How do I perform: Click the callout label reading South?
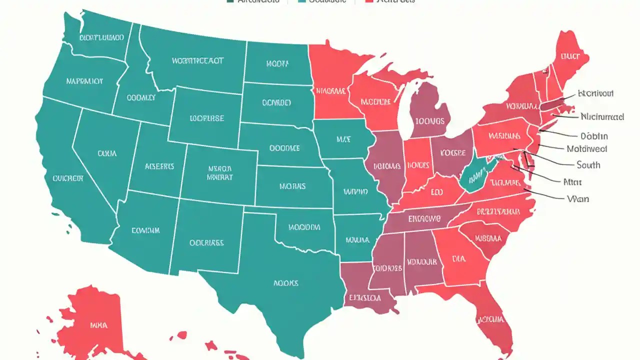(588, 165)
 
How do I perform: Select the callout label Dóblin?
(594, 136)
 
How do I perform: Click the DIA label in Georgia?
(458, 258)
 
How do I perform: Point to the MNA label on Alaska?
(98, 325)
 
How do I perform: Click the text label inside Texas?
(285, 283)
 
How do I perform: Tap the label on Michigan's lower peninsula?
(429, 121)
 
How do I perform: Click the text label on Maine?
(569, 56)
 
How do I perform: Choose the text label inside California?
(67, 177)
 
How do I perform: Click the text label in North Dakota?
(277, 63)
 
